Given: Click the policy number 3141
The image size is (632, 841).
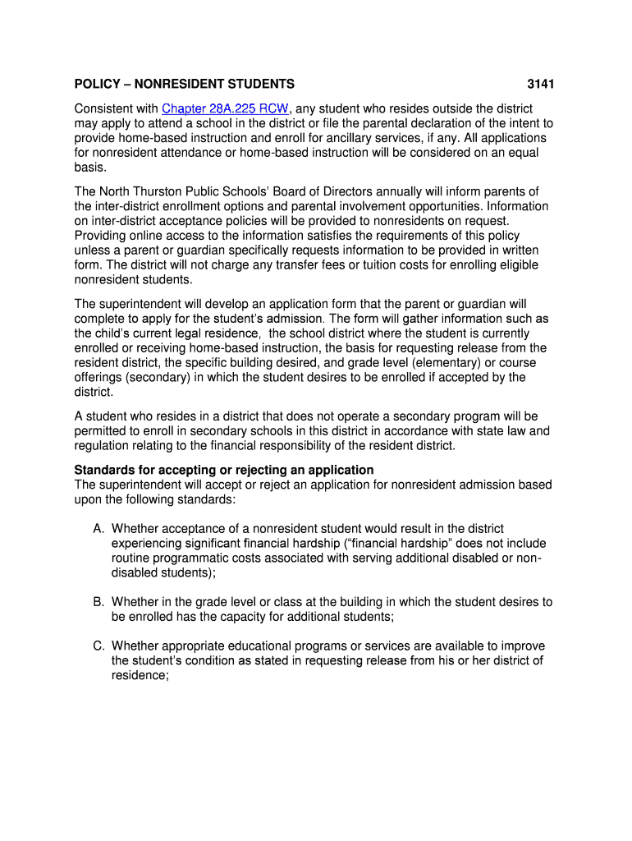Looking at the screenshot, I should (x=541, y=84).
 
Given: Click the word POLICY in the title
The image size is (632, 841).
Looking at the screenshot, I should (x=96, y=84).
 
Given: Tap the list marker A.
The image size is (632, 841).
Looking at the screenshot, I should (x=98, y=529).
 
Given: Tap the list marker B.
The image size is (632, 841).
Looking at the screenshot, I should (x=98, y=602).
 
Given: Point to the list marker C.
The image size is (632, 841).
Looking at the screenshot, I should (x=98, y=646).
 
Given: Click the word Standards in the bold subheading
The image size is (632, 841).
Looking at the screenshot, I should (x=103, y=470).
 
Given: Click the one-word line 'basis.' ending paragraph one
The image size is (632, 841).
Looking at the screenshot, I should (x=90, y=168).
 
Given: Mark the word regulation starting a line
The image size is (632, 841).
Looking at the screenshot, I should (x=103, y=446).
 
